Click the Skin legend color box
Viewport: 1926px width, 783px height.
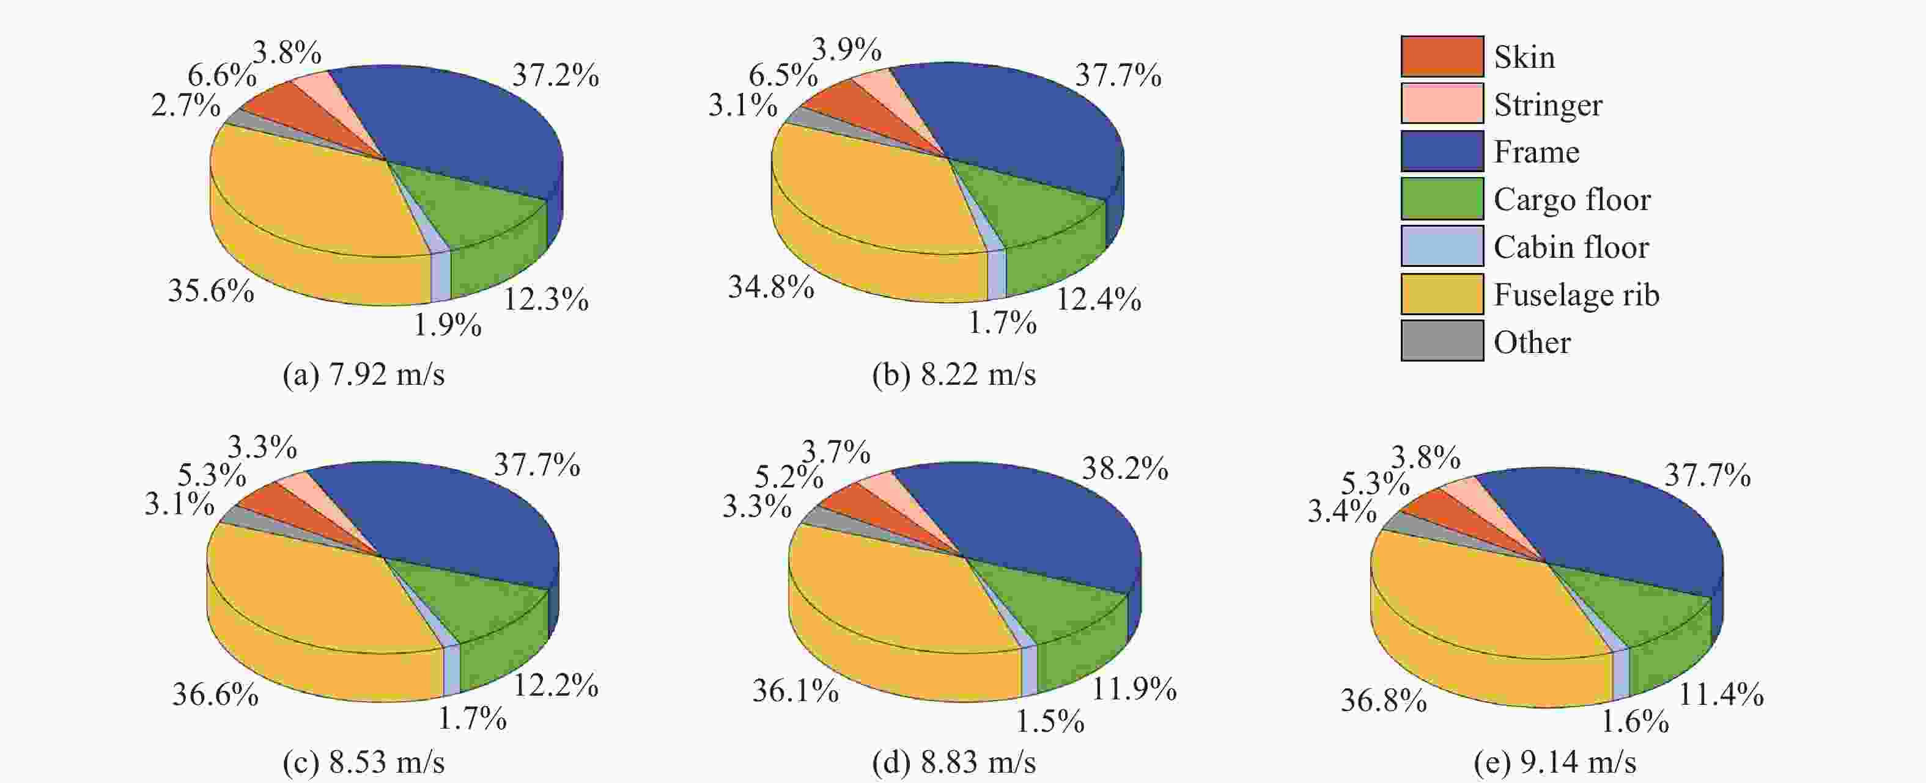(x=1442, y=56)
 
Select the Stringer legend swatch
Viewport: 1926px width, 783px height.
(x=1442, y=103)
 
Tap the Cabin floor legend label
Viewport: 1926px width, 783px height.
(x=1571, y=247)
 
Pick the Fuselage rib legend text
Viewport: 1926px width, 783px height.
(x=1576, y=294)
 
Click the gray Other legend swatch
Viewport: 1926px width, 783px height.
(x=1442, y=341)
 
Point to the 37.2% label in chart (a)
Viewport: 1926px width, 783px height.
(x=555, y=76)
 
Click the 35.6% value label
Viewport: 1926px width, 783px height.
(x=211, y=291)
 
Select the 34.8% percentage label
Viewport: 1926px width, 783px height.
(x=771, y=287)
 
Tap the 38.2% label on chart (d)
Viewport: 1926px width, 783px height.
(x=1124, y=469)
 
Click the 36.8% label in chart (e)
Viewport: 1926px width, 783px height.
(x=1383, y=701)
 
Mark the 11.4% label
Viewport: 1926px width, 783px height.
(x=1721, y=696)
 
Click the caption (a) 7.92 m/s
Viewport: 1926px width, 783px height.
(x=363, y=374)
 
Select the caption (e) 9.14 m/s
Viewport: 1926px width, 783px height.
(x=1555, y=762)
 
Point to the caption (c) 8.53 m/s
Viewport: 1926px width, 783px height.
(x=363, y=762)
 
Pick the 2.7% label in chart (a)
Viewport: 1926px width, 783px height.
(x=185, y=105)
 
